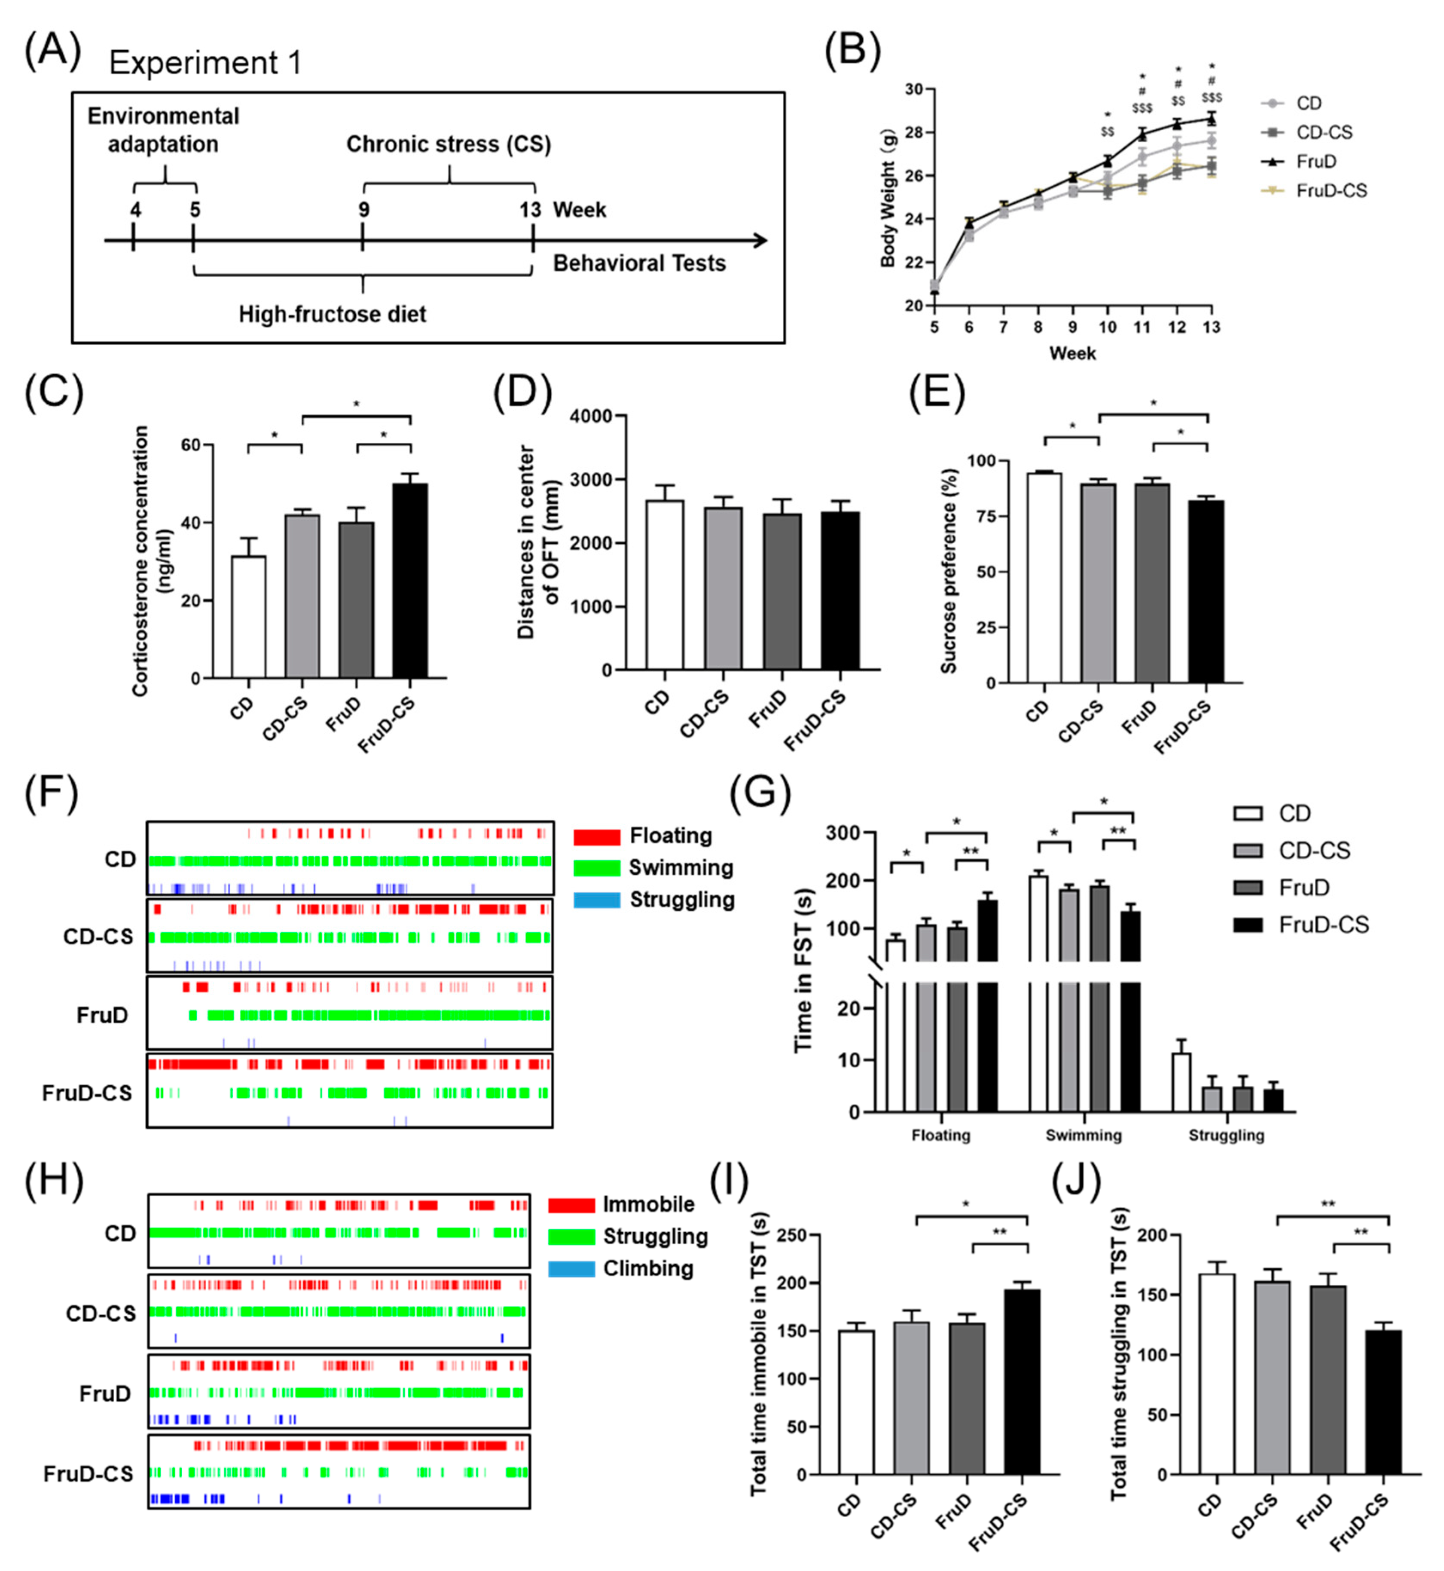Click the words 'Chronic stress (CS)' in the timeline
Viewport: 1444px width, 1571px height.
[x=449, y=144]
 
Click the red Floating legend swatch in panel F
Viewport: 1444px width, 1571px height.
[x=596, y=837]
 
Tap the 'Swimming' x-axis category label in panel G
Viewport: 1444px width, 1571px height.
[x=1083, y=1135]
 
